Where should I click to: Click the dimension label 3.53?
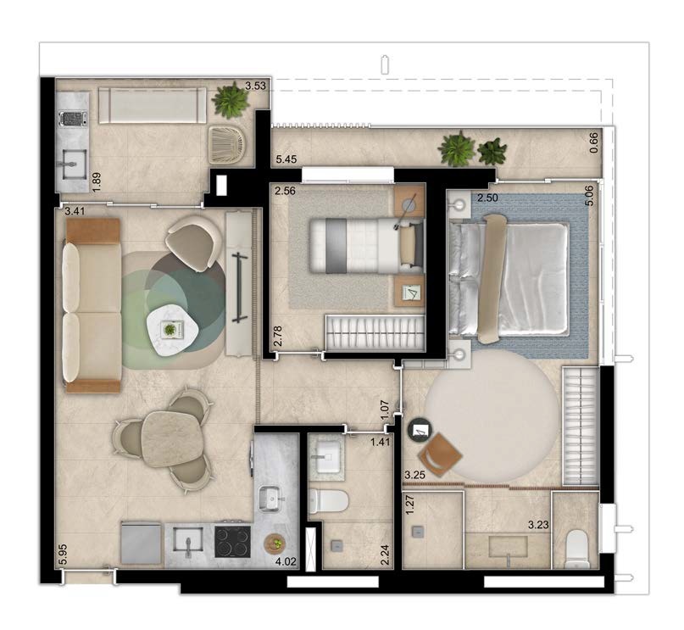point(255,86)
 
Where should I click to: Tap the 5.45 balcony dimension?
point(286,159)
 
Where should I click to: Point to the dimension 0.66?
point(593,142)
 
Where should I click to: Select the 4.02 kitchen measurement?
point(286,561)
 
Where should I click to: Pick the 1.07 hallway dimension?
point(385,410)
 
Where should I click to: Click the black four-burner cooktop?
point(232,542)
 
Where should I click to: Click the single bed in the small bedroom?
point(366,246)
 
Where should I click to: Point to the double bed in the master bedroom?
point(509,279)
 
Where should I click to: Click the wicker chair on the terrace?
point(227,143)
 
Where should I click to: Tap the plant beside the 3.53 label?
point(231,101)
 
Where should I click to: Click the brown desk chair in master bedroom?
point(440,455)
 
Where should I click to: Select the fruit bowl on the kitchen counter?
point(275,544)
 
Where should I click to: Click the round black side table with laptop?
point(420,431)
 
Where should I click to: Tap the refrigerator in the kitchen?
point(142,544)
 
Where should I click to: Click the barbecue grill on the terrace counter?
point(72,118)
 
